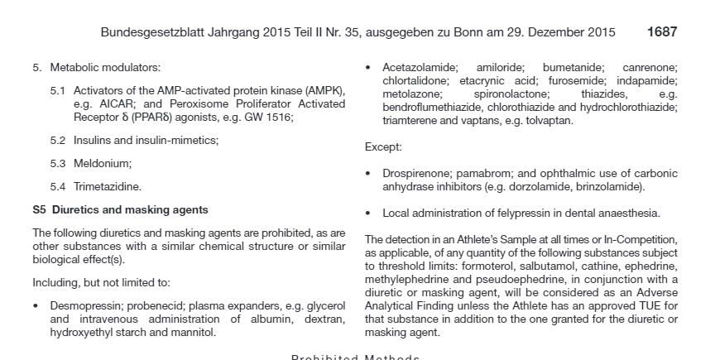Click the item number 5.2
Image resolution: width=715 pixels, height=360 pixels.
pyautogui.click(x=57, y=141)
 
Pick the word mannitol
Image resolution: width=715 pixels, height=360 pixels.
pyautogui.click(x=193, y=333)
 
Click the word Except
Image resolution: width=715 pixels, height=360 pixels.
pyautogui.click(x=382, y=147)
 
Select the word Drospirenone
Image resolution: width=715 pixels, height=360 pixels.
pyautogui.click(x=416, y=174)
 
